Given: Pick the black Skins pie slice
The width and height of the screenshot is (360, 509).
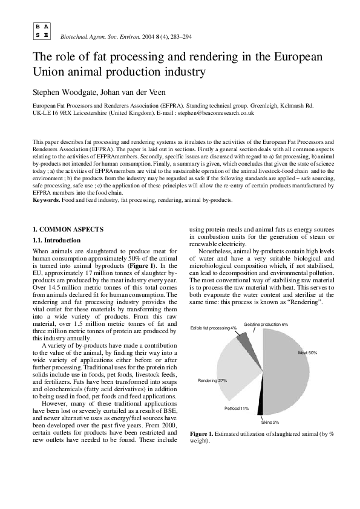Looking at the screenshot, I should (x=260, y=409).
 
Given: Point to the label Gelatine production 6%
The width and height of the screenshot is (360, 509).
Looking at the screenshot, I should (x=266, y=325).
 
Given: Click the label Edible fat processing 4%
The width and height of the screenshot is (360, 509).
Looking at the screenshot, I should (x=214, y=328).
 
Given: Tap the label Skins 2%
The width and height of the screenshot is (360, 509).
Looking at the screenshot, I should (x=270, y=421).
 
